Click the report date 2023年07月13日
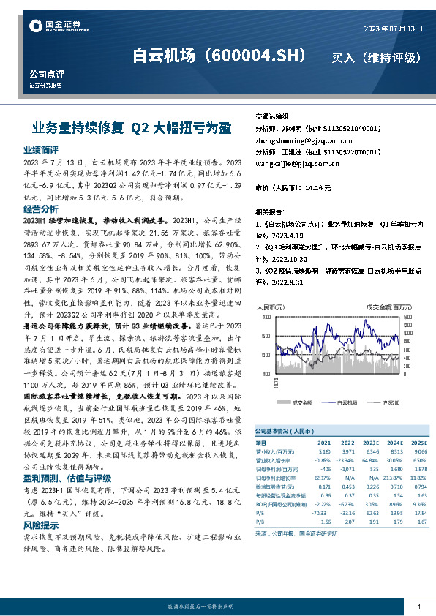393,28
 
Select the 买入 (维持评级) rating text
376,57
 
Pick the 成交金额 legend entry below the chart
301,402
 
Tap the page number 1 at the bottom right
418,607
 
